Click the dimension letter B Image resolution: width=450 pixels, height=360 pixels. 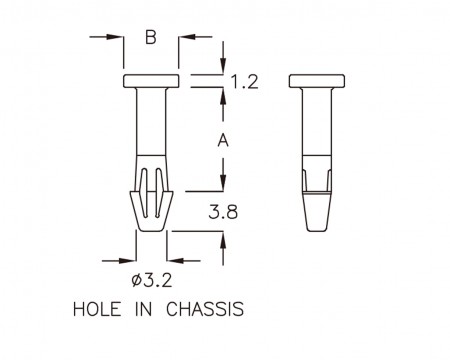point(151,37)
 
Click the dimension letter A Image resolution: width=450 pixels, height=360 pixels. point(223,140)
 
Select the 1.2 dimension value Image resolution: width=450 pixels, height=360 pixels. point(244,82)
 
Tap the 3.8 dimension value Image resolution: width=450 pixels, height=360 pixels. point(223,212)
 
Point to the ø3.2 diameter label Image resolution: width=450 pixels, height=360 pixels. point(152,280)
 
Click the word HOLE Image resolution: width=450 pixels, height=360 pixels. point(97,309)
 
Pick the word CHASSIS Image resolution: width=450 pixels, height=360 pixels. point(205,309)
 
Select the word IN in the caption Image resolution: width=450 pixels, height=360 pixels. point(144,309)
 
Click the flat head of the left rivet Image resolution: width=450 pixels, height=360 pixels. point(151,81)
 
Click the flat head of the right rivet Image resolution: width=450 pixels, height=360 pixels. point(317,81)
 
